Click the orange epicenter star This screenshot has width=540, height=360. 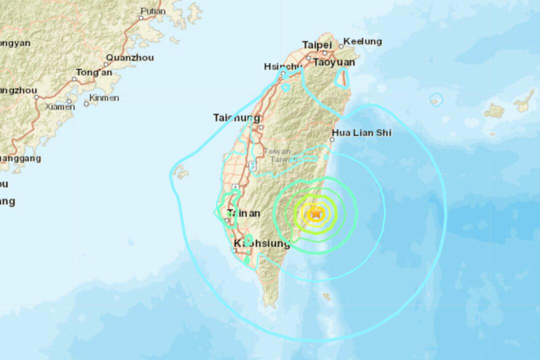(316, 213)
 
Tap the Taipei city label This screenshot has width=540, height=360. (317, 45)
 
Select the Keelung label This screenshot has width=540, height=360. (362, 41)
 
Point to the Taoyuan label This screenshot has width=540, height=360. (334, 62)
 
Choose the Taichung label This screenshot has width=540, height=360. (236, 118)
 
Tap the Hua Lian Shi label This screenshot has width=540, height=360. (361, 133)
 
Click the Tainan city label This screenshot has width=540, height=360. (243, 213)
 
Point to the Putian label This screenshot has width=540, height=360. (153, 11)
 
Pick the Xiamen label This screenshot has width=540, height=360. (60, 106)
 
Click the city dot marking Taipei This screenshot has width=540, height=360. (324, 52)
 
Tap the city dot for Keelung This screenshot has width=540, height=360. (341, 46)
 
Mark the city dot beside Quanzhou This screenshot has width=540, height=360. (107, 64)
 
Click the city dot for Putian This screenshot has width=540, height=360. (141, 17)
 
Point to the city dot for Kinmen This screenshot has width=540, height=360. (86, 103)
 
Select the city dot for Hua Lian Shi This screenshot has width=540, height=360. (332, 140)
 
